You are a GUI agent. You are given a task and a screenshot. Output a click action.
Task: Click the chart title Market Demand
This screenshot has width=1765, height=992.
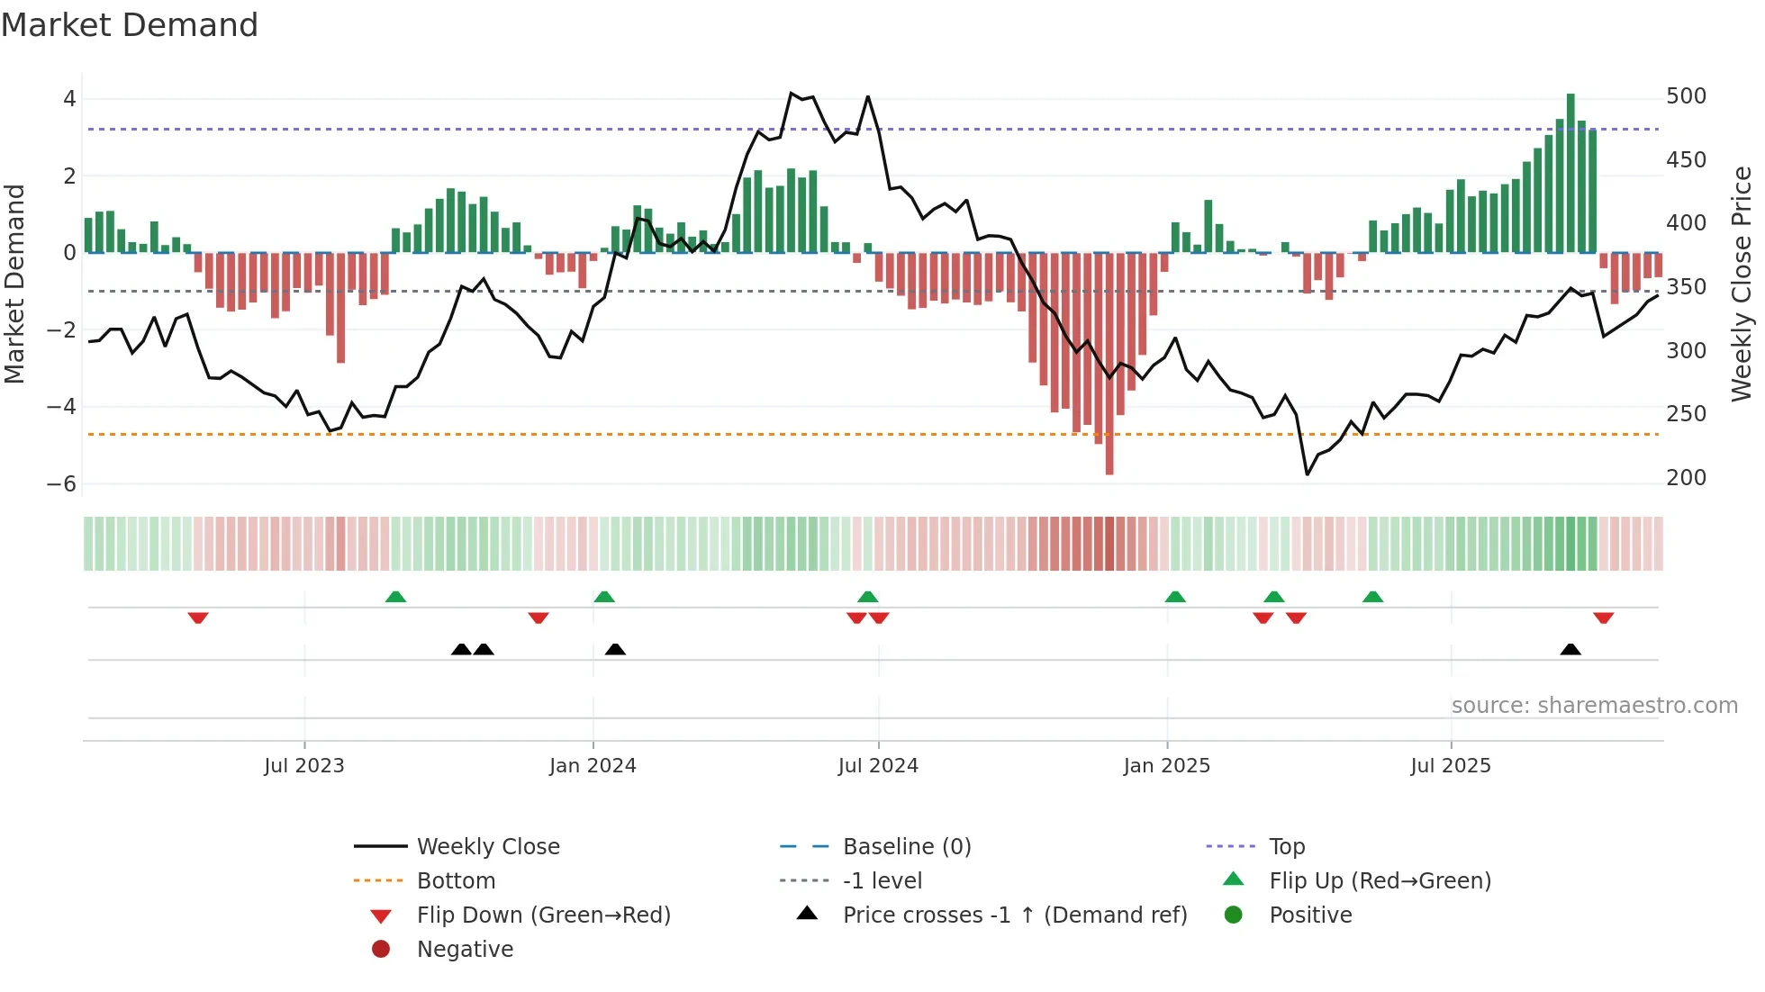130,25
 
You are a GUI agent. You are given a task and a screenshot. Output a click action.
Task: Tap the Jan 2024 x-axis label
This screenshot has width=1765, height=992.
593,766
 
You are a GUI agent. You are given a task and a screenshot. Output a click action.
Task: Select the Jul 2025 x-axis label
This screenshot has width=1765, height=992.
1451,766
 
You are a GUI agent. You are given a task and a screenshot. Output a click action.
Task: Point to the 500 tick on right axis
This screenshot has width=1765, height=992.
1686,96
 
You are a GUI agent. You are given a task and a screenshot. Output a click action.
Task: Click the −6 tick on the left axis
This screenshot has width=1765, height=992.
62,484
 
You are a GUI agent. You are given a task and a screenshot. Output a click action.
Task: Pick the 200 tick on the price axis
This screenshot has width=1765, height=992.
1686,478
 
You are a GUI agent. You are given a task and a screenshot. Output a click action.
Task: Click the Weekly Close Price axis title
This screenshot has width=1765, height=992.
1742,284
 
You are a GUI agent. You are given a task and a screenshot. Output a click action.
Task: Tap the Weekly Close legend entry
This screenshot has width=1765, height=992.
487,847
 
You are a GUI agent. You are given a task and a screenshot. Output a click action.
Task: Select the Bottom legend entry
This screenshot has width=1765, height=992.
456,881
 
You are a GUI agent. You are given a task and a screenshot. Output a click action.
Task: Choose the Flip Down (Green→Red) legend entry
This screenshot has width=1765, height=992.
543,915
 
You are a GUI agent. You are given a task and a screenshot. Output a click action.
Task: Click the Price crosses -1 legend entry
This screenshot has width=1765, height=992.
1014,915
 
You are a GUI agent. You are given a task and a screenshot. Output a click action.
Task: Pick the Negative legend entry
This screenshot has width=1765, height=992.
465,950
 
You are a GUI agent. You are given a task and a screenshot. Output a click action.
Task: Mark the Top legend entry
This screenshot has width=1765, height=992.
1287,847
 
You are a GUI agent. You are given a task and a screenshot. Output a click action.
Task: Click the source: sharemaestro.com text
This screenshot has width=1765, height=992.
1594,706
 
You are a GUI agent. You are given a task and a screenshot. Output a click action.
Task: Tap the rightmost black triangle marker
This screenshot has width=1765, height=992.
1570,649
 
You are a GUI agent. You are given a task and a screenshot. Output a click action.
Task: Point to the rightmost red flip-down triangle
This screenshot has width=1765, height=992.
1603,618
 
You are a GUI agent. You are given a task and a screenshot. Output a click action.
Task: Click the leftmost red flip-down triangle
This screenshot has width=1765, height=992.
198,618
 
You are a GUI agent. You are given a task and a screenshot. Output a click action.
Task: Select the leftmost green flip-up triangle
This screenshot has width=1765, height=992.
395,597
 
